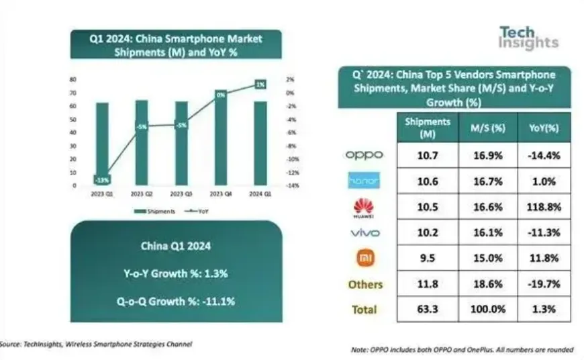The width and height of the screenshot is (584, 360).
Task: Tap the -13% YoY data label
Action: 102,179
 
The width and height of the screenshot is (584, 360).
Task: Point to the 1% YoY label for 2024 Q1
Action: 260,84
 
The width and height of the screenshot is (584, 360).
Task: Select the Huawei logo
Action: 363,206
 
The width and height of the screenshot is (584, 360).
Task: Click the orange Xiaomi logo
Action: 363,257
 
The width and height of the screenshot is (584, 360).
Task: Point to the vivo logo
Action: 363,232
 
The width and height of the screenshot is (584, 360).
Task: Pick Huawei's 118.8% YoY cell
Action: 544,207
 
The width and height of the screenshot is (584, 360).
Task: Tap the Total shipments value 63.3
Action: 428,310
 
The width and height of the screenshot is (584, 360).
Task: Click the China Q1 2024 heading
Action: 176,246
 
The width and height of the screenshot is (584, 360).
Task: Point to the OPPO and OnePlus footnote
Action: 463,350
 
